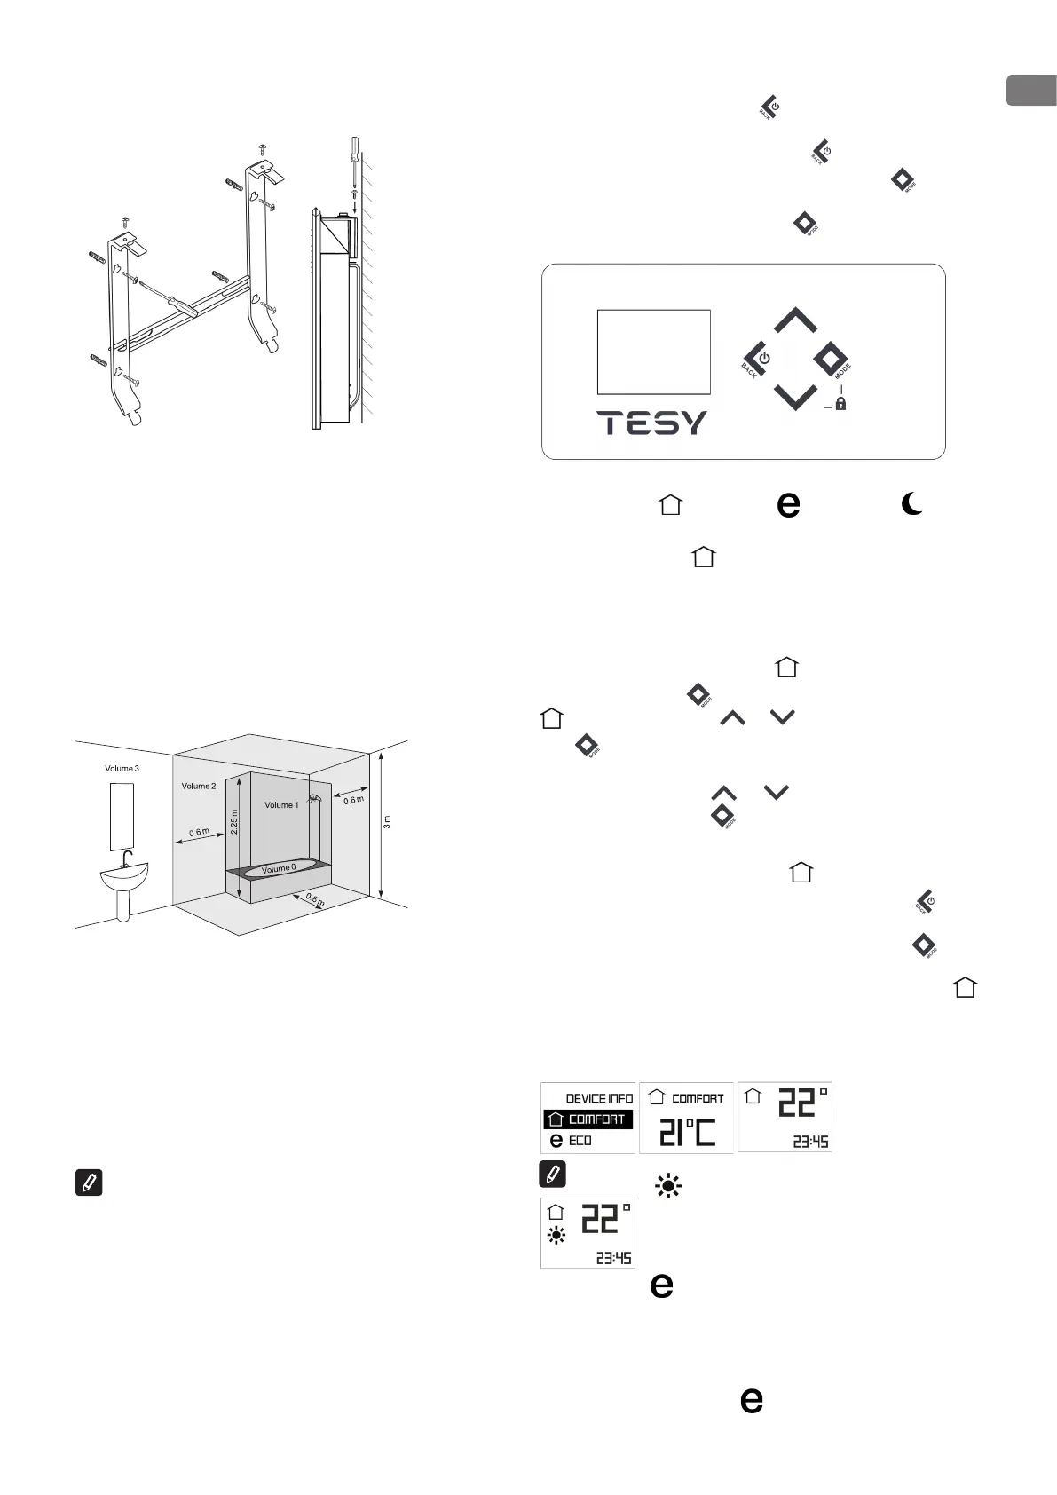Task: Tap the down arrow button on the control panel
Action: coord(795,397)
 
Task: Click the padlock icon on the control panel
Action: coord(840,403)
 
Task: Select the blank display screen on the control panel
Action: coord(653,352)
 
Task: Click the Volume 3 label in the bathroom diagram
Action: coord(122,768)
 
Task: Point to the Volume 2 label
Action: coord(198,786)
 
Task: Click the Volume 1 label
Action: coord(281,804)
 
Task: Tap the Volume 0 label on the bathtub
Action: coord(279,868)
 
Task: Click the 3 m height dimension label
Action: coord(386,822)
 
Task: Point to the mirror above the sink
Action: coord(122,817)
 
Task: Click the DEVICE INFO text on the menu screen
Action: coord(599,1098)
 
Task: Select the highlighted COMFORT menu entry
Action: coord(588,1119)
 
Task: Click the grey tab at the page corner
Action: coord(1031,91)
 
